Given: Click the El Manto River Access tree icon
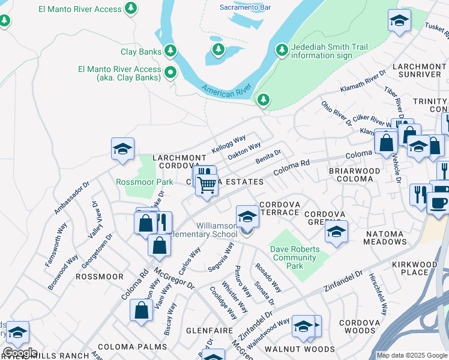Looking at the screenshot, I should tap(131, 8).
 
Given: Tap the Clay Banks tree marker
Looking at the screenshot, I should tap(171, 51).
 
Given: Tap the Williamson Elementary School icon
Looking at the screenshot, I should tap(247, 217).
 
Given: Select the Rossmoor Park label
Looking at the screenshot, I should tap(144, 182).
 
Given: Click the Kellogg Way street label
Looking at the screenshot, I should tap(229, 144).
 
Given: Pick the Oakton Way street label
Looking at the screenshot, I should tap(244, 151).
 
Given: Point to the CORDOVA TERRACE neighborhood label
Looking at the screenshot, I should tap(279, 208).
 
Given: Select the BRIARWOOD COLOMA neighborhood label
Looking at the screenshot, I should tap(354, 175).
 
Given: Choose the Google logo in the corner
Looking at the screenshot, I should tap(19, 353).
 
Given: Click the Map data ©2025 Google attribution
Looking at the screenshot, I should tap(411, 355).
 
